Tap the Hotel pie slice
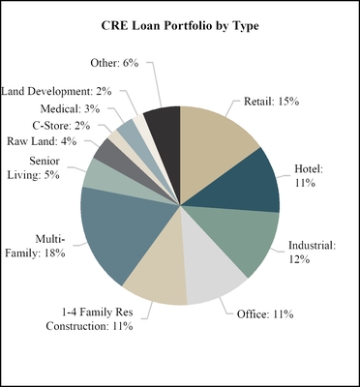pyautogui.click(x=250, y=190)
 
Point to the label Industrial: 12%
pyautogui.click(x=311, y=253)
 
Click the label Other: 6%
pyautogui.click(x=120, y=62)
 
